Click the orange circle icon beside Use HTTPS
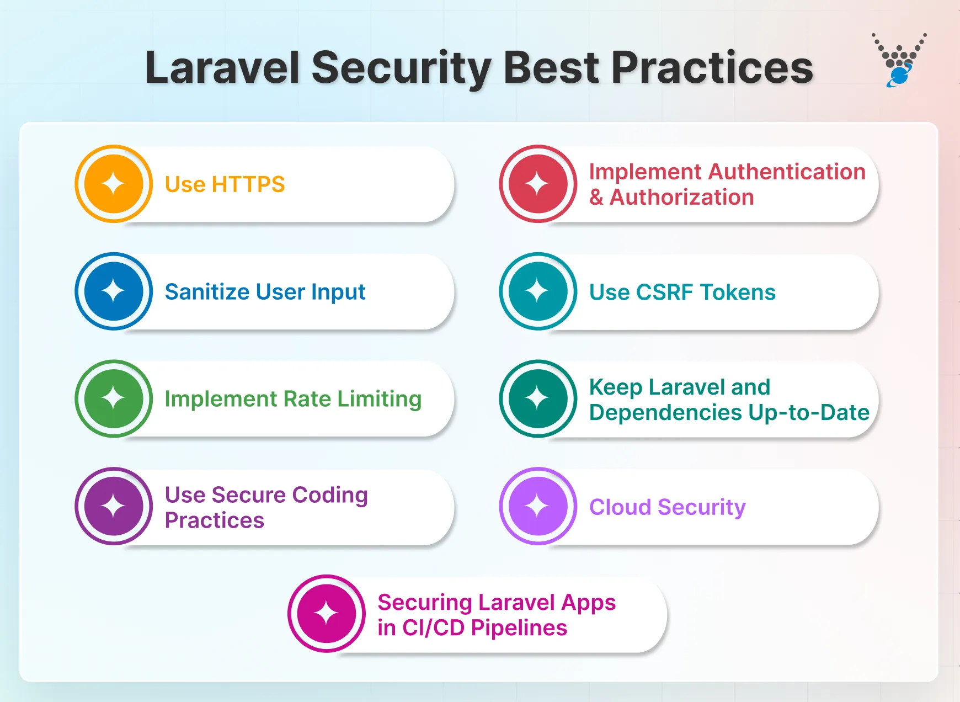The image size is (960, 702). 114,184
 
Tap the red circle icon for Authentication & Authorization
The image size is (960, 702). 538,184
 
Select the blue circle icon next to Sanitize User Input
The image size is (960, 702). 114,291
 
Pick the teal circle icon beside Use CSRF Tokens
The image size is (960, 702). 538,291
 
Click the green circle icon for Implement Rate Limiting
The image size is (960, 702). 114,398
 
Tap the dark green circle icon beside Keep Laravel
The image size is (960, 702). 538,398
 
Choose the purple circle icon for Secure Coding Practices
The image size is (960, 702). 114,506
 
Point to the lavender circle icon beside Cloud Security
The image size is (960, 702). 538,506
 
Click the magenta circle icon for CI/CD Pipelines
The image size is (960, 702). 326,614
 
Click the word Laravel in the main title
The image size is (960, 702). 222,68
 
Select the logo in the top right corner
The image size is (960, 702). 899,60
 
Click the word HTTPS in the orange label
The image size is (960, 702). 248,184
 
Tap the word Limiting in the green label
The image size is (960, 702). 380,399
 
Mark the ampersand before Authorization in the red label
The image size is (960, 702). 596,198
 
